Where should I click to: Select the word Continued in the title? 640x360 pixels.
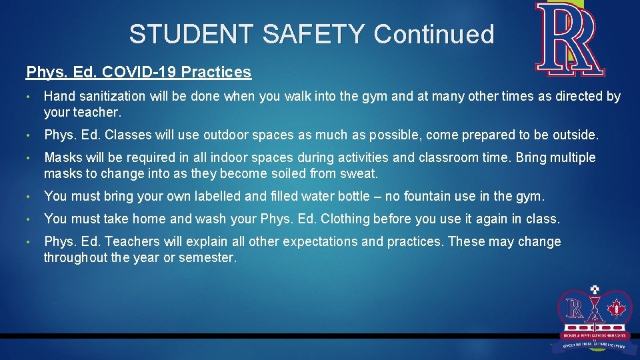coord(434,34)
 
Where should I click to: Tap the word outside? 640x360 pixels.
coord(575,135)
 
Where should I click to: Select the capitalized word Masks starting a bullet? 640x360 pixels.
coord(63,158)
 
